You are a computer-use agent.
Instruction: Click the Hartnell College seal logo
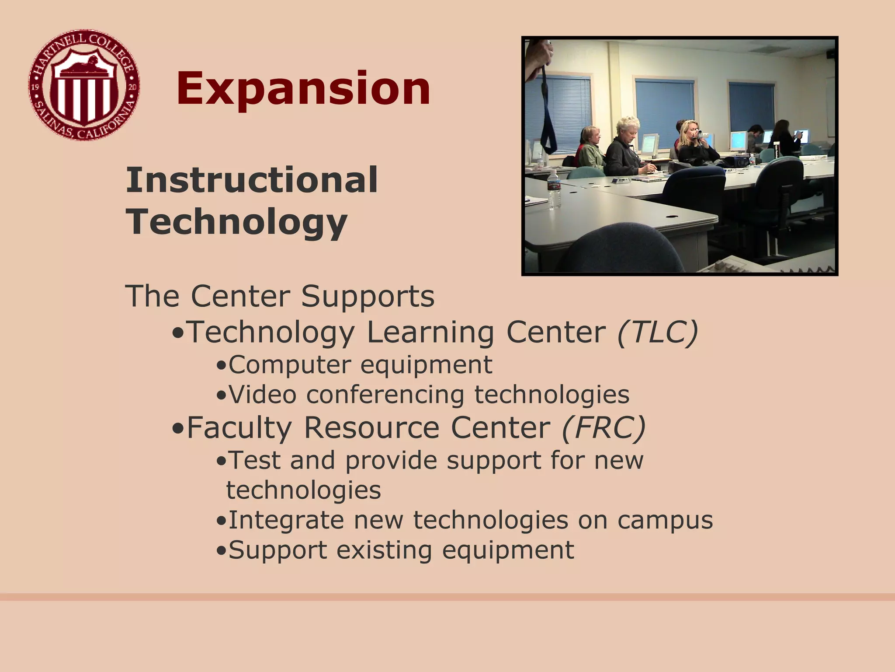[84, 85]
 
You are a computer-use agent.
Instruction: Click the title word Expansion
[303, 89]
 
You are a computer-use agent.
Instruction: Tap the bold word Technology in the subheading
[236, 222]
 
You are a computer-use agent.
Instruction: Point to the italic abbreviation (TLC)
[657, 332]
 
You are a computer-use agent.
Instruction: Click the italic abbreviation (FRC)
[604, 427]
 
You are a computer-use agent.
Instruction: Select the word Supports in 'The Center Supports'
[368, 296]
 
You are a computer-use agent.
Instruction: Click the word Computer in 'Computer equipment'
[289, 364]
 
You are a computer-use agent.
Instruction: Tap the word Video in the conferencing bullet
[263, 394]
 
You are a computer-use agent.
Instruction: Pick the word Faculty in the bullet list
[239, 427]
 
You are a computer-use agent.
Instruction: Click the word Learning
[430, 332]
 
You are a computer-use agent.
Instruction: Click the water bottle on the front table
[553, 189]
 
